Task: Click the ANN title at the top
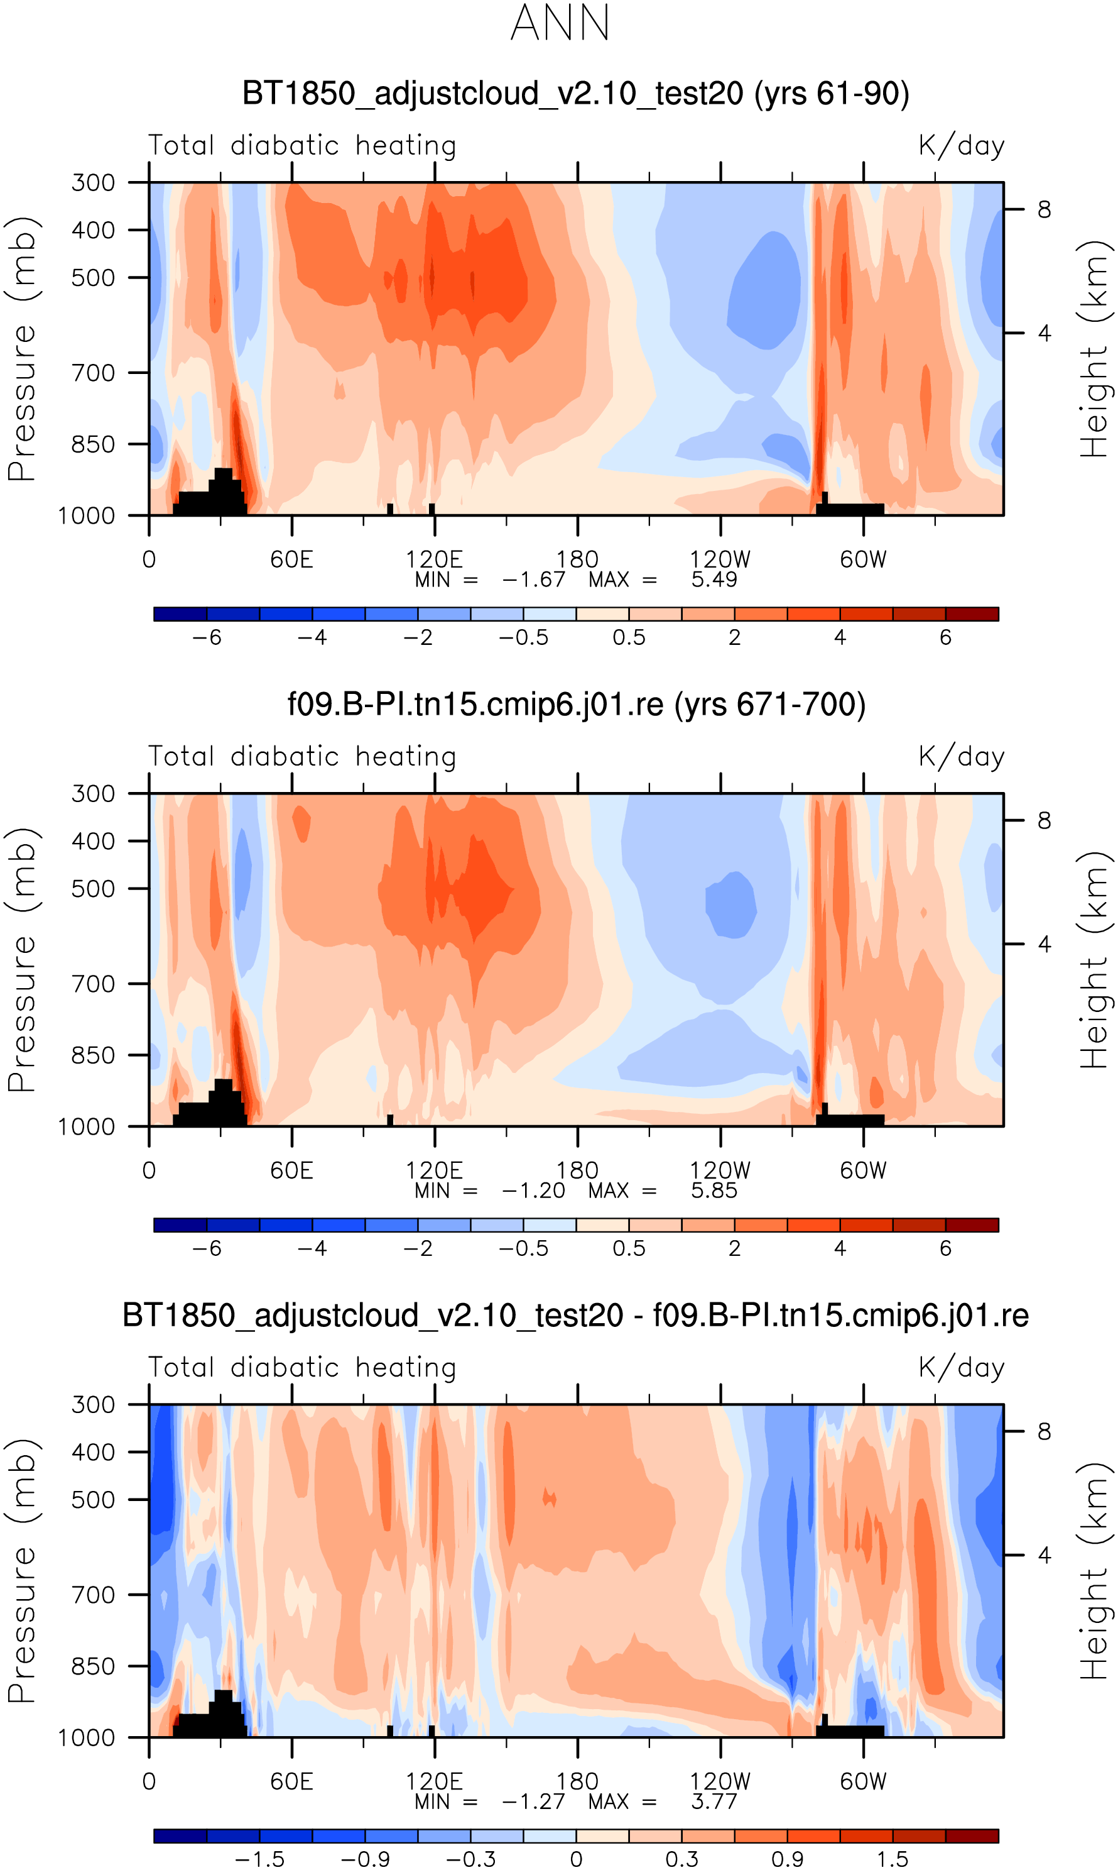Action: [560, 23]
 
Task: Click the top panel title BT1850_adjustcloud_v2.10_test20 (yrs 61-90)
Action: [575, 94]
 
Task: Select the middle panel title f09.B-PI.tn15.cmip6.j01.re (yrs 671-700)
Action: [577, 705]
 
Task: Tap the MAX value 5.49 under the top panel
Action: [714, 580]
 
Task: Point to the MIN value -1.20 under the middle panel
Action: [533, 1191]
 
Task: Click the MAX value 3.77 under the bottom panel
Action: [714, 1801]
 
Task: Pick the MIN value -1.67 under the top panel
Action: [533, 580]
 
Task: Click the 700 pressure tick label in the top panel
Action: [94, 372]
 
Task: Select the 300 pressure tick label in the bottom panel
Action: [94, 1405]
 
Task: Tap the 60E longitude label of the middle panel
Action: [291, 1170]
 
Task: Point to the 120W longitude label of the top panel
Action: [720, 560]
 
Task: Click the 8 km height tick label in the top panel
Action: [1044, 209]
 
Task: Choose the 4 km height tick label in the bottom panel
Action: [1044, 1555]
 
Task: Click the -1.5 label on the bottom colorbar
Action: [260, 1859]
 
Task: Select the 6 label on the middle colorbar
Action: [945, 1248]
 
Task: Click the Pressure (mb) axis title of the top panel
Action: [23, 349]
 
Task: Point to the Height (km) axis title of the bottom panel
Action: [1095, 1571]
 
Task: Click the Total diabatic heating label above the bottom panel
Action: [302, 1368]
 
